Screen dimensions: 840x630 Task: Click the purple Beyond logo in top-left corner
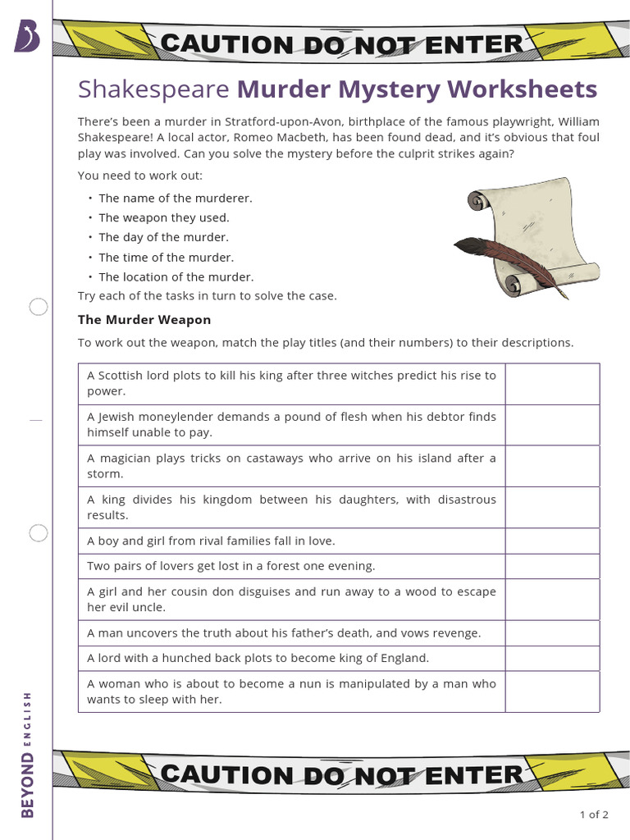click(26, 37)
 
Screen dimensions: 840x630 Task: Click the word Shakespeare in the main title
click(153, 89)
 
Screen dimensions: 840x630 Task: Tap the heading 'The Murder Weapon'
click(144, 320)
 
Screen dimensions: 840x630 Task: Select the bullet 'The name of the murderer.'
click(176, 199)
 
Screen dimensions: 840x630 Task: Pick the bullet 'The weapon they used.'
click(164, 218)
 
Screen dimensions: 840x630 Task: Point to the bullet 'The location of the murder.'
click(176, 277)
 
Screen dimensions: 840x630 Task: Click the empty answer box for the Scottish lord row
click(552, 384)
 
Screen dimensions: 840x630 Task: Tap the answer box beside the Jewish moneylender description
click(552, 425)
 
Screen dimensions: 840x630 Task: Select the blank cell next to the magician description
click(552, 466)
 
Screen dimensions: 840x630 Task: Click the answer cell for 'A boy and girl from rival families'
click(552, 541)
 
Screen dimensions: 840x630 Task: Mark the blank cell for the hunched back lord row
click(552, 659)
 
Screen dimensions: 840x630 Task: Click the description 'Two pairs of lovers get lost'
click(231, 566)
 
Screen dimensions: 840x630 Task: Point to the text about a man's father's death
click(284, 633)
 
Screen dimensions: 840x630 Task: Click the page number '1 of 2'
click(594, 815)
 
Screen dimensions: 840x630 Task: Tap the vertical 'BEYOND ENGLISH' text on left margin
click(28, 755)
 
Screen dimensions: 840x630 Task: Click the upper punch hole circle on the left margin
click(39, 308)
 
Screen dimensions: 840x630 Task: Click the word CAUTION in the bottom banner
click(214, 774)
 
